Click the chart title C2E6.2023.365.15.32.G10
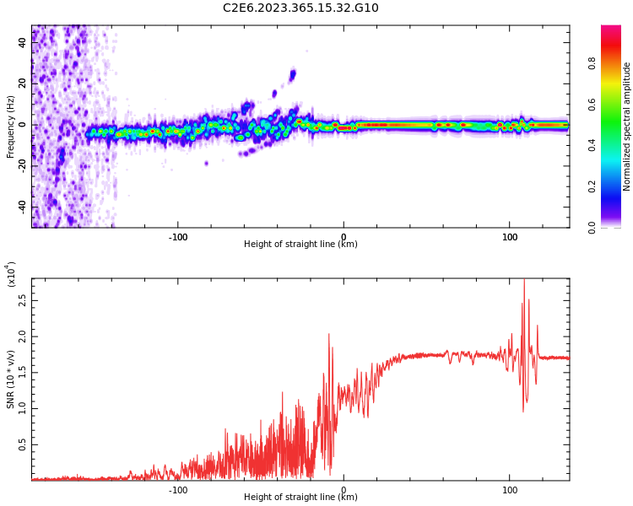pyautogui.click(x=300, y=8)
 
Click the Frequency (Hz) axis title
pyautogui.click(x=11, y=126)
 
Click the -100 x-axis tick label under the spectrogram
pyautogui.click(x=177, y=237)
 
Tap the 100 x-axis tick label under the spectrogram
pyautogui.click(x=510, y=237)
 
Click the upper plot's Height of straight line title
pyautogui.click(x=300, y=245)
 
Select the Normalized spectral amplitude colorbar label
pyautogui.click(x=627, y=126)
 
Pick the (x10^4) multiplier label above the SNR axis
pyautogui.click(x=11, y=274)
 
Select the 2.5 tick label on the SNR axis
pyautogui.click(x=22, y=299)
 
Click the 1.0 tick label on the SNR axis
pyautogui.click(x=22, y=408)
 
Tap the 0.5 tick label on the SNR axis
pyautogui.click(x=22, y=444)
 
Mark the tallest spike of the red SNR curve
pyautogui.click(x=524, y=282)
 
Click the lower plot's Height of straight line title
pyautogui.click(x=300, y=498)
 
